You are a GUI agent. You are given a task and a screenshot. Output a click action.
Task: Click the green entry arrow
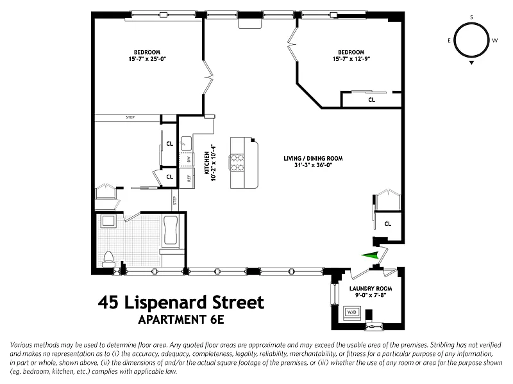[x=370, y=255]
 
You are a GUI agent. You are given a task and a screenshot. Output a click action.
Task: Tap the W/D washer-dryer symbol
[x=351, y=312]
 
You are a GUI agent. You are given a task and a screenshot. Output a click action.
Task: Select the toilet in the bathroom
[x=108, y=259]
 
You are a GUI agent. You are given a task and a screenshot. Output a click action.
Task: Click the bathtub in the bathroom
[x=171, y=230]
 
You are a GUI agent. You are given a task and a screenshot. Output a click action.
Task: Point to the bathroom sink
[x=108, y=221]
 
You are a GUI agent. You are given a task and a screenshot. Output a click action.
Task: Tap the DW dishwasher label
[x=188, y=159]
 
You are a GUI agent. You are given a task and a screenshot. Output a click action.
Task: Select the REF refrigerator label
[x=189, y=179]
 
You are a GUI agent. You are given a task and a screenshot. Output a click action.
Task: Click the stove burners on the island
[x=237, y=163]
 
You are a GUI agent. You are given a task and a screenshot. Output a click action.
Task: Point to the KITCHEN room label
[x=206, y=163]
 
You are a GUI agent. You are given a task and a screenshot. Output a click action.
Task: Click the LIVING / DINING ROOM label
[x=313, y=158]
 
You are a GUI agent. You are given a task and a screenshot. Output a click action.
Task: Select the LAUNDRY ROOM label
[x=371, y=289]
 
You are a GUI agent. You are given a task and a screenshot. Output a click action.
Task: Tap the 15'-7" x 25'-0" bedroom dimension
[x=147, y=59]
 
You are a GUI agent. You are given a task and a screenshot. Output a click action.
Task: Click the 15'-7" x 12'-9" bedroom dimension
[x=351, y=59]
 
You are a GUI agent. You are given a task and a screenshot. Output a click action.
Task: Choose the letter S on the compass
[x=471, y=17]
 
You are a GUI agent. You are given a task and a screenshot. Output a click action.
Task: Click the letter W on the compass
[x=494, y=40]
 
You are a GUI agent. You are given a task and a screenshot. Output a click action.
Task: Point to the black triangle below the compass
[x=471, y=62]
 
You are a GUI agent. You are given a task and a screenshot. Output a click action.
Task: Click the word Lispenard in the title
[x=166, y=303]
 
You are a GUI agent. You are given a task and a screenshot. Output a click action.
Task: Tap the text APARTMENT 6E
[x=181, y=319]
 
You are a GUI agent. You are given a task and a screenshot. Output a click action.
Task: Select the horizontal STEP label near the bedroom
[x=130, y=117]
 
